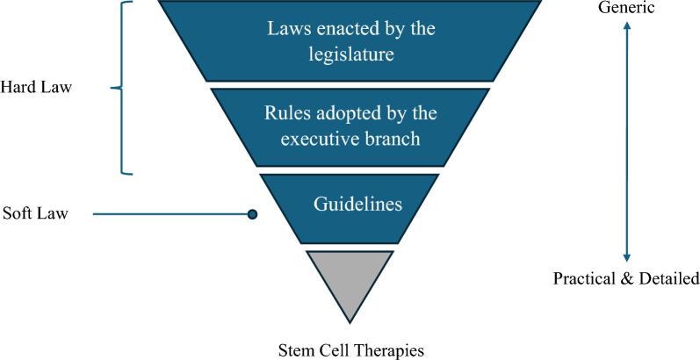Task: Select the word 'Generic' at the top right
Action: pos(626,8)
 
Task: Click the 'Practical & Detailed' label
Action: pos(625,279)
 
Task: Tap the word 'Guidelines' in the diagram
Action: pos(357,205)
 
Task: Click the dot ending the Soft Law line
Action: pos(252,213)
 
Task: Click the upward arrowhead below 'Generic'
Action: pos(626,27)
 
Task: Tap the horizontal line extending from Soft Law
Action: pos(171,213)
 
